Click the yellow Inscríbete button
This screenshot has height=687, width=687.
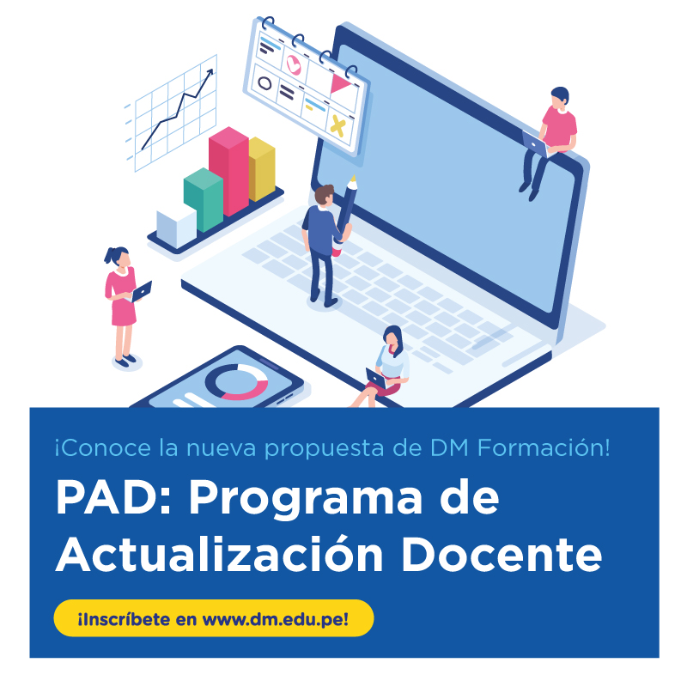214,617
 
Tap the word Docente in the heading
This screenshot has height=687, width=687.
502,554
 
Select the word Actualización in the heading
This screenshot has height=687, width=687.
220,552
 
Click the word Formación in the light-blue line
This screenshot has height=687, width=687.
544,447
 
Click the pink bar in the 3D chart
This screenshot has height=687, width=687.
228,171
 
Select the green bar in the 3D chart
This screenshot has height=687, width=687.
204,200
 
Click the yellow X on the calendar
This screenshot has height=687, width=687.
337,125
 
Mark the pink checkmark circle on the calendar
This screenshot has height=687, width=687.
294,64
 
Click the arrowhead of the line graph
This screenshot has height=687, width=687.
210,73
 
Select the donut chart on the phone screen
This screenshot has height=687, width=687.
237,382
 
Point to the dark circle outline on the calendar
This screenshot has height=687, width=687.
264,82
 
